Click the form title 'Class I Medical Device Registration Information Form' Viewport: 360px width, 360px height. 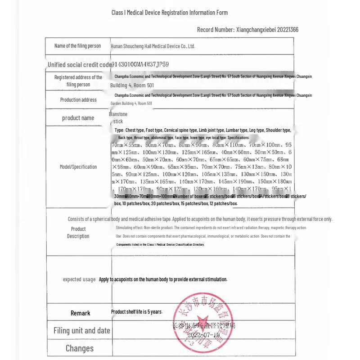click(x=170, y=13)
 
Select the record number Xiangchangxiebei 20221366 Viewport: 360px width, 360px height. click(x=247, y=30)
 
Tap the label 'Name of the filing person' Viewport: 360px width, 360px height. click(x=77, y=46)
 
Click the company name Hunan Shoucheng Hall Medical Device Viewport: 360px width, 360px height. click(x=153, y=46)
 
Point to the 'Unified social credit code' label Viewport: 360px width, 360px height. click(x=80, y=65)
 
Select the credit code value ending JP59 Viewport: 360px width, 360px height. click(x=140, y=64)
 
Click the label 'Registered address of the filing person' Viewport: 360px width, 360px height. click(x=78, y=81)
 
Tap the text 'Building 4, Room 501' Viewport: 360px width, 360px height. click(x=132, y=85)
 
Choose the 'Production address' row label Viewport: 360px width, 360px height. click(x=78, y=100)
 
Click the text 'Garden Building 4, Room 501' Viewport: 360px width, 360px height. click(x=131, y=103)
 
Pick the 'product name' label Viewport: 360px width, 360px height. click(x=78, y=118)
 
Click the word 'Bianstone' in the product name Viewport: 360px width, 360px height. click(x=118, y=114)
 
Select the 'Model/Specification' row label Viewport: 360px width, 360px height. click(x=78, y=167)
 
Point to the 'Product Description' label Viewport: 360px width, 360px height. click(x=78, y=233)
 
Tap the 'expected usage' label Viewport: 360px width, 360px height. click(x=79, y=279)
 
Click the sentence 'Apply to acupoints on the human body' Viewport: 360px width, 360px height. click(x=163, y=279)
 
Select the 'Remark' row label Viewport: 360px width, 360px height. click(x=80, y=313)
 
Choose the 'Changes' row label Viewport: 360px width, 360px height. click(x=80, y=348)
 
